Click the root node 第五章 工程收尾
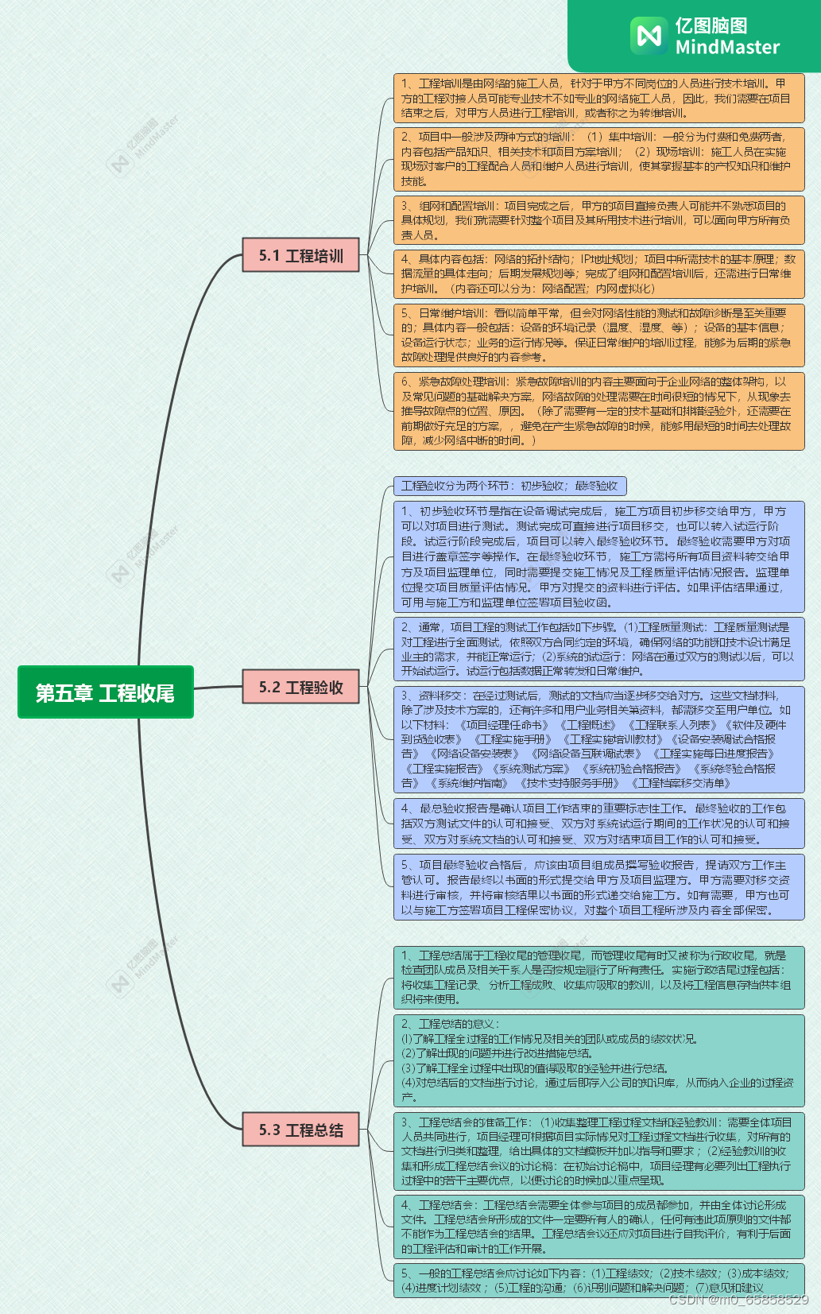coord(105,692)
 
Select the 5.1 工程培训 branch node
coord(300,255)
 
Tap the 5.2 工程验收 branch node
coord(300,687)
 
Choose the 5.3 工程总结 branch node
coord(300,1130)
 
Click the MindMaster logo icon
coord(649,36)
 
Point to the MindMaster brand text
coord(726,37)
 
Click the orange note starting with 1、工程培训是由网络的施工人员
coord(598,98)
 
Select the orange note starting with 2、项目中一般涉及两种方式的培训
coord(598,159)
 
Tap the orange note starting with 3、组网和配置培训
coord(598,220)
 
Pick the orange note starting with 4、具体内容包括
coord(598,273)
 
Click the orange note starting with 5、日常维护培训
coord(598,335)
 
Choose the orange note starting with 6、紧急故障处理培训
coord(598,411)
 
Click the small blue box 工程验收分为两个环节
coord(509,486)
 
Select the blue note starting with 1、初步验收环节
coord(598,556)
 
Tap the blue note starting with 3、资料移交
coord(598,739)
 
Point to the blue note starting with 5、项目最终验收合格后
coord(598,887)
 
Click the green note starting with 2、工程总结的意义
coord(598,1060)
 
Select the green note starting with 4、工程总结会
coord(598,1227)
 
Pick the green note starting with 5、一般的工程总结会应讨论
coord(598,1281)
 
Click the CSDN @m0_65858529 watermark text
coord(738,1300)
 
